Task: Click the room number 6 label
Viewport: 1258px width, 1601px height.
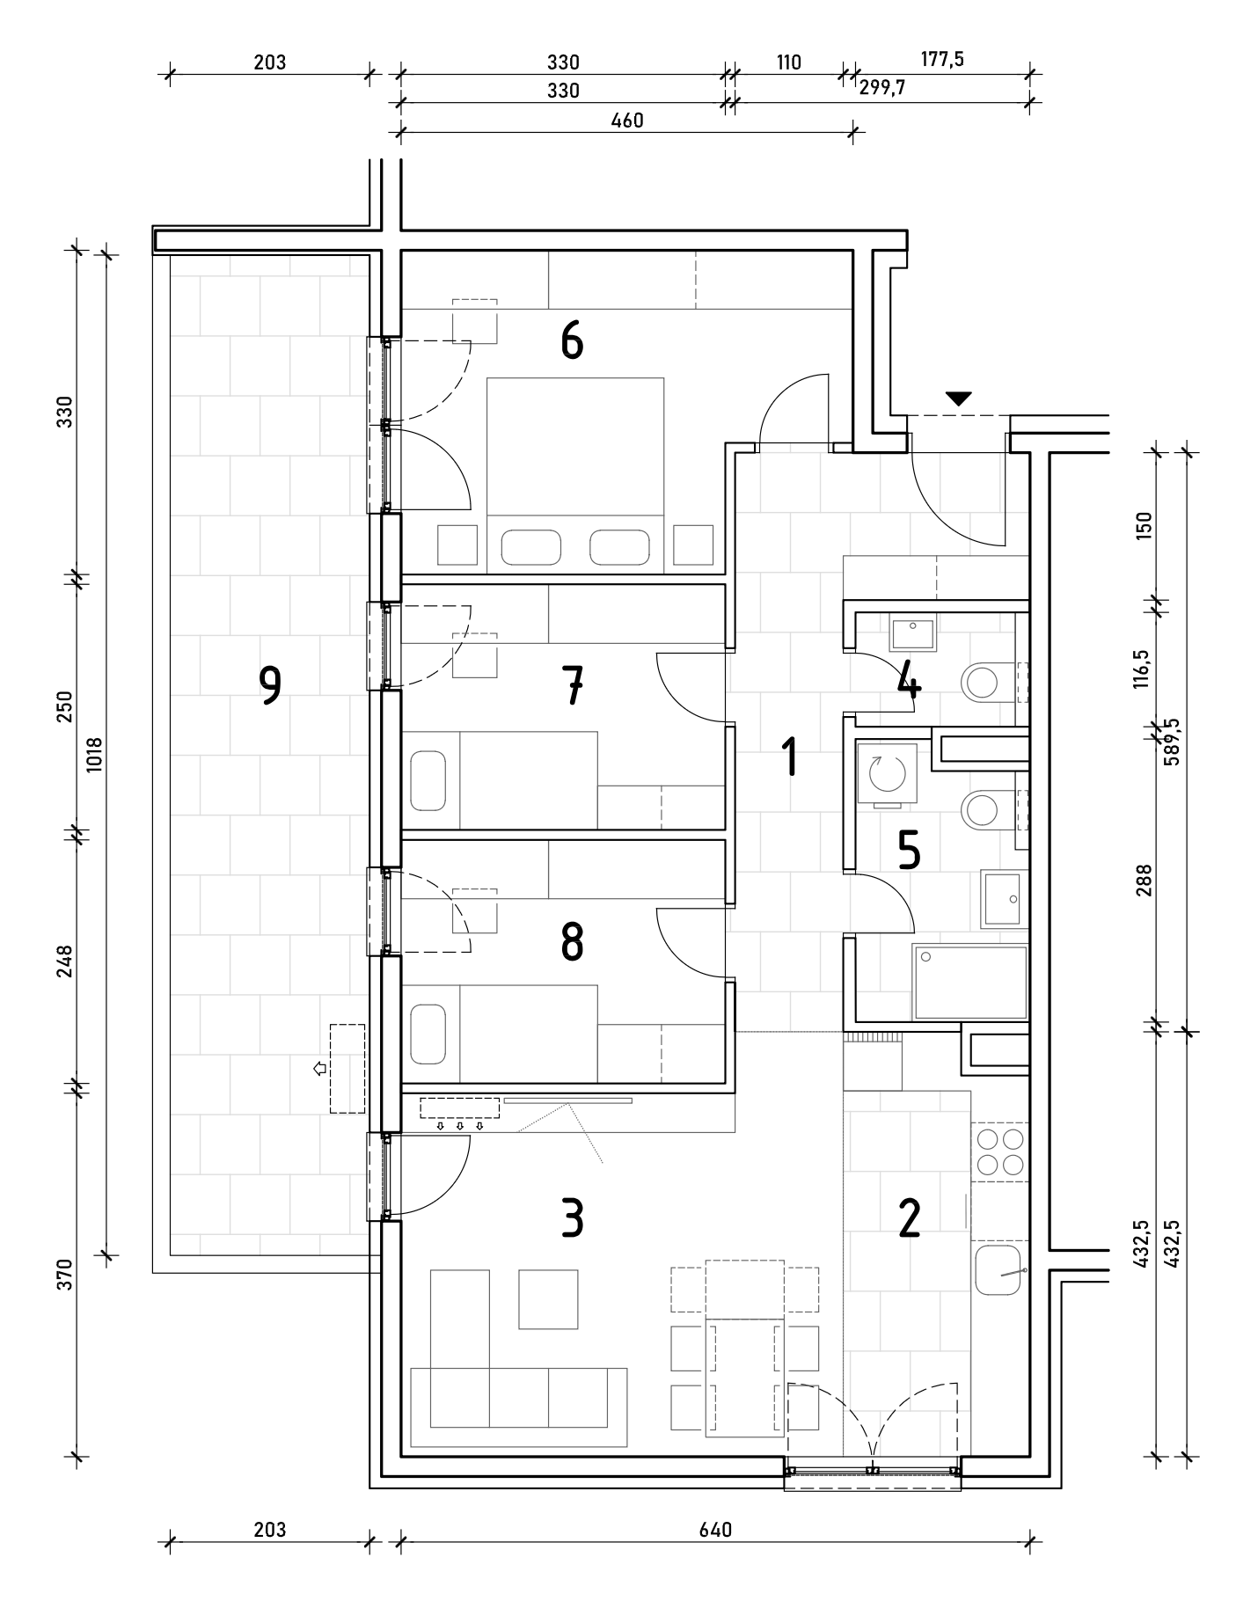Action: (x=572, y=341)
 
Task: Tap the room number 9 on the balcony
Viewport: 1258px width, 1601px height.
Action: (x=270, y=685)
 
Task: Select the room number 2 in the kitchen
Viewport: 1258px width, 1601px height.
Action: (x=909, y=1218)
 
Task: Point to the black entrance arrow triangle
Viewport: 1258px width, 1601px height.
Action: (x=959, y=398)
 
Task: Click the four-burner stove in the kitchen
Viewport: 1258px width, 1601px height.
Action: (x=1000, y=1151)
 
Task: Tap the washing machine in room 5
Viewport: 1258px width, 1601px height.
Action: (x=887, y=773)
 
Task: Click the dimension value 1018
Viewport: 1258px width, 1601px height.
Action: (x=95, y=754)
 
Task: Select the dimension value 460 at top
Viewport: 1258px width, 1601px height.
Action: (x=627, y=121)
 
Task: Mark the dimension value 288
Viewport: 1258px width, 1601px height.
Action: (x=1142, y=880)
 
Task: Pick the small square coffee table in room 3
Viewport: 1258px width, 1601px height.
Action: (x=548, y=1298)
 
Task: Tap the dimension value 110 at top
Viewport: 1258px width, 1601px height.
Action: (x=788, y=62)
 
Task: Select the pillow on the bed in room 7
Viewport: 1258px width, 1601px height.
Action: (x=428, y=780)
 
